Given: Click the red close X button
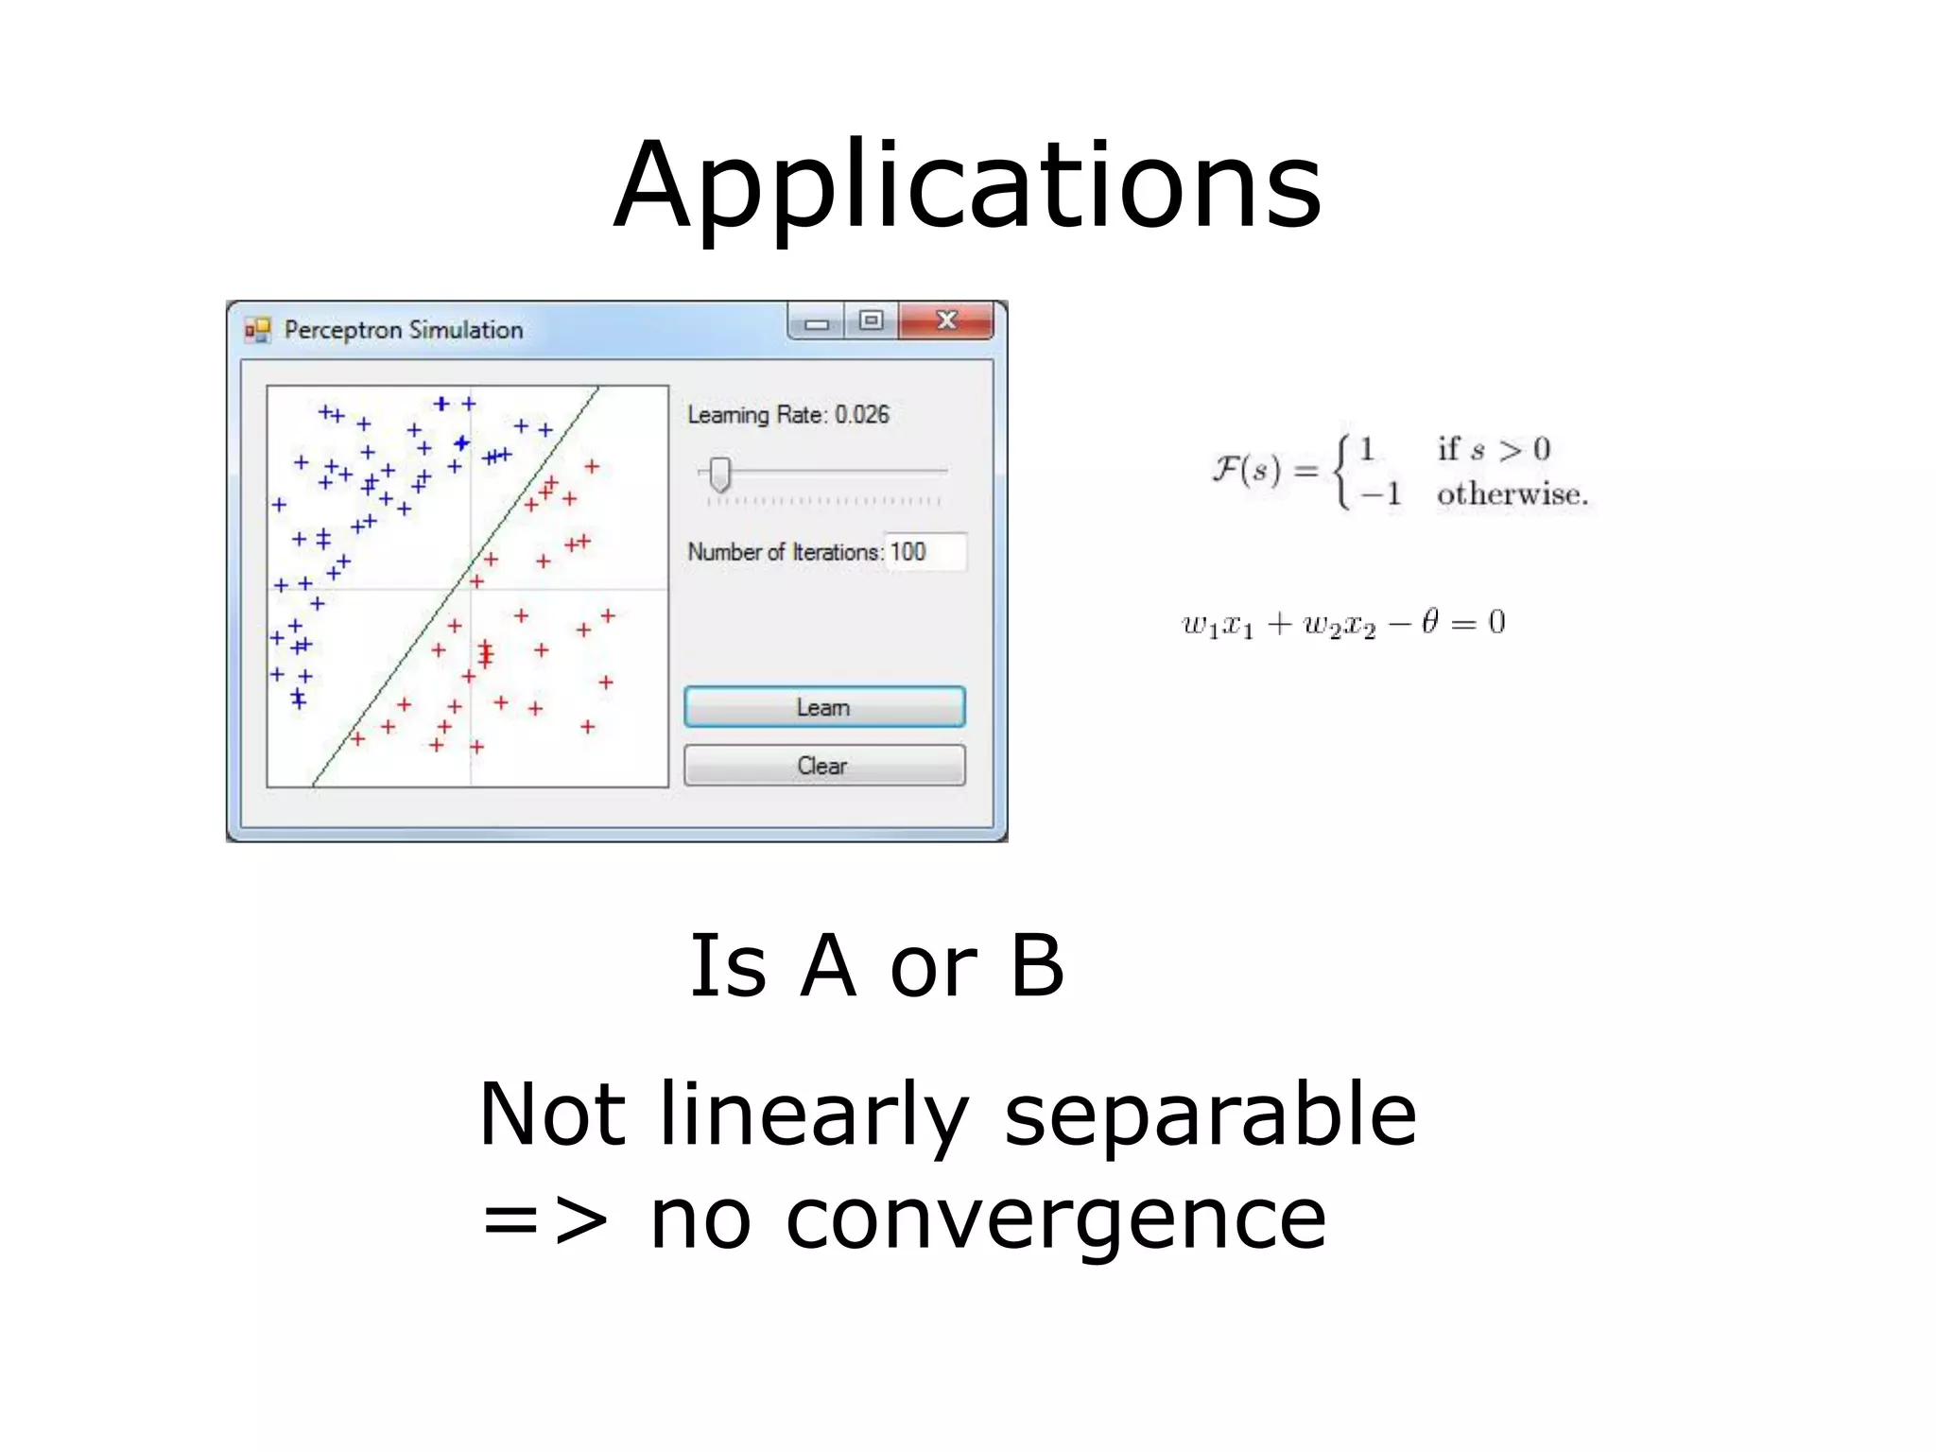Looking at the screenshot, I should (945, 320).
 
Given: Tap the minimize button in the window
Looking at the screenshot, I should (817, 323).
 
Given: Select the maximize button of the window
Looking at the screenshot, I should (871, 320).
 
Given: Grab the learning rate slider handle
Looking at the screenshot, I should (720, 474).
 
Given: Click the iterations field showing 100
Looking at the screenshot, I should (925, 552).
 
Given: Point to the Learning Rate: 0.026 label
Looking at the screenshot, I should (787, 415).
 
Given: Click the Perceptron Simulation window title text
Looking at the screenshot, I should (404, 330).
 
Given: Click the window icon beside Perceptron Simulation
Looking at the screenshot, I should (257, 330).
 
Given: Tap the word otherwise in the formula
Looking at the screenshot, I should (1512, 494).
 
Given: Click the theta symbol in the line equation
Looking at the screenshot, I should (1429, 621).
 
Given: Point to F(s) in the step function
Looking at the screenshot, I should (1247, 470).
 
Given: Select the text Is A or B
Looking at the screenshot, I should (876, 965).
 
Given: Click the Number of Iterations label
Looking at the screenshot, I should (784, 552).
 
